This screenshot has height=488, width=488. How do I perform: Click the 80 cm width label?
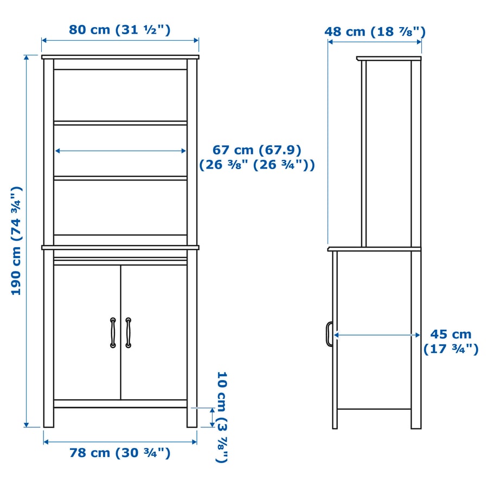coord(120,30)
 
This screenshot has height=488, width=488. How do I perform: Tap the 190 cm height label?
coord(17,240)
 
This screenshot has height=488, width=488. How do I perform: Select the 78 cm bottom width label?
coord(120,453)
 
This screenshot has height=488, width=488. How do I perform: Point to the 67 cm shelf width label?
coord(256,157)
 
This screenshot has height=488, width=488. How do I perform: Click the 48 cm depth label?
coord(375,31)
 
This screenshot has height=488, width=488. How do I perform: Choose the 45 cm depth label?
coord(451,341)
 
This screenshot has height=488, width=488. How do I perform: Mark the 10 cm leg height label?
coord(222,416)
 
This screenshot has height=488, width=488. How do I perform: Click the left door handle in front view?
coord(113,332)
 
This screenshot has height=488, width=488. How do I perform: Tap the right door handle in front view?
coord(128,332)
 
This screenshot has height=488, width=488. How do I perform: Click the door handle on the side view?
coord(329,333)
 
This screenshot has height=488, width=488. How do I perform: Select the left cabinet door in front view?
coord(87,332)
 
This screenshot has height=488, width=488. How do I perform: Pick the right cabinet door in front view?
coord(154,332)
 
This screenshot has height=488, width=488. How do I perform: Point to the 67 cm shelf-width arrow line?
coord(120,151)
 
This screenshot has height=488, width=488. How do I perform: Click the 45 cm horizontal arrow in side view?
coord(377,335)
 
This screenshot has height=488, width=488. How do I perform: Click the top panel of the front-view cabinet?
coord(120,57)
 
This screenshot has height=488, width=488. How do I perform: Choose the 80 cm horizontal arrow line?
coord(120,40)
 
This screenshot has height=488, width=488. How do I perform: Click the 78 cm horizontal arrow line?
coord(120,441)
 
